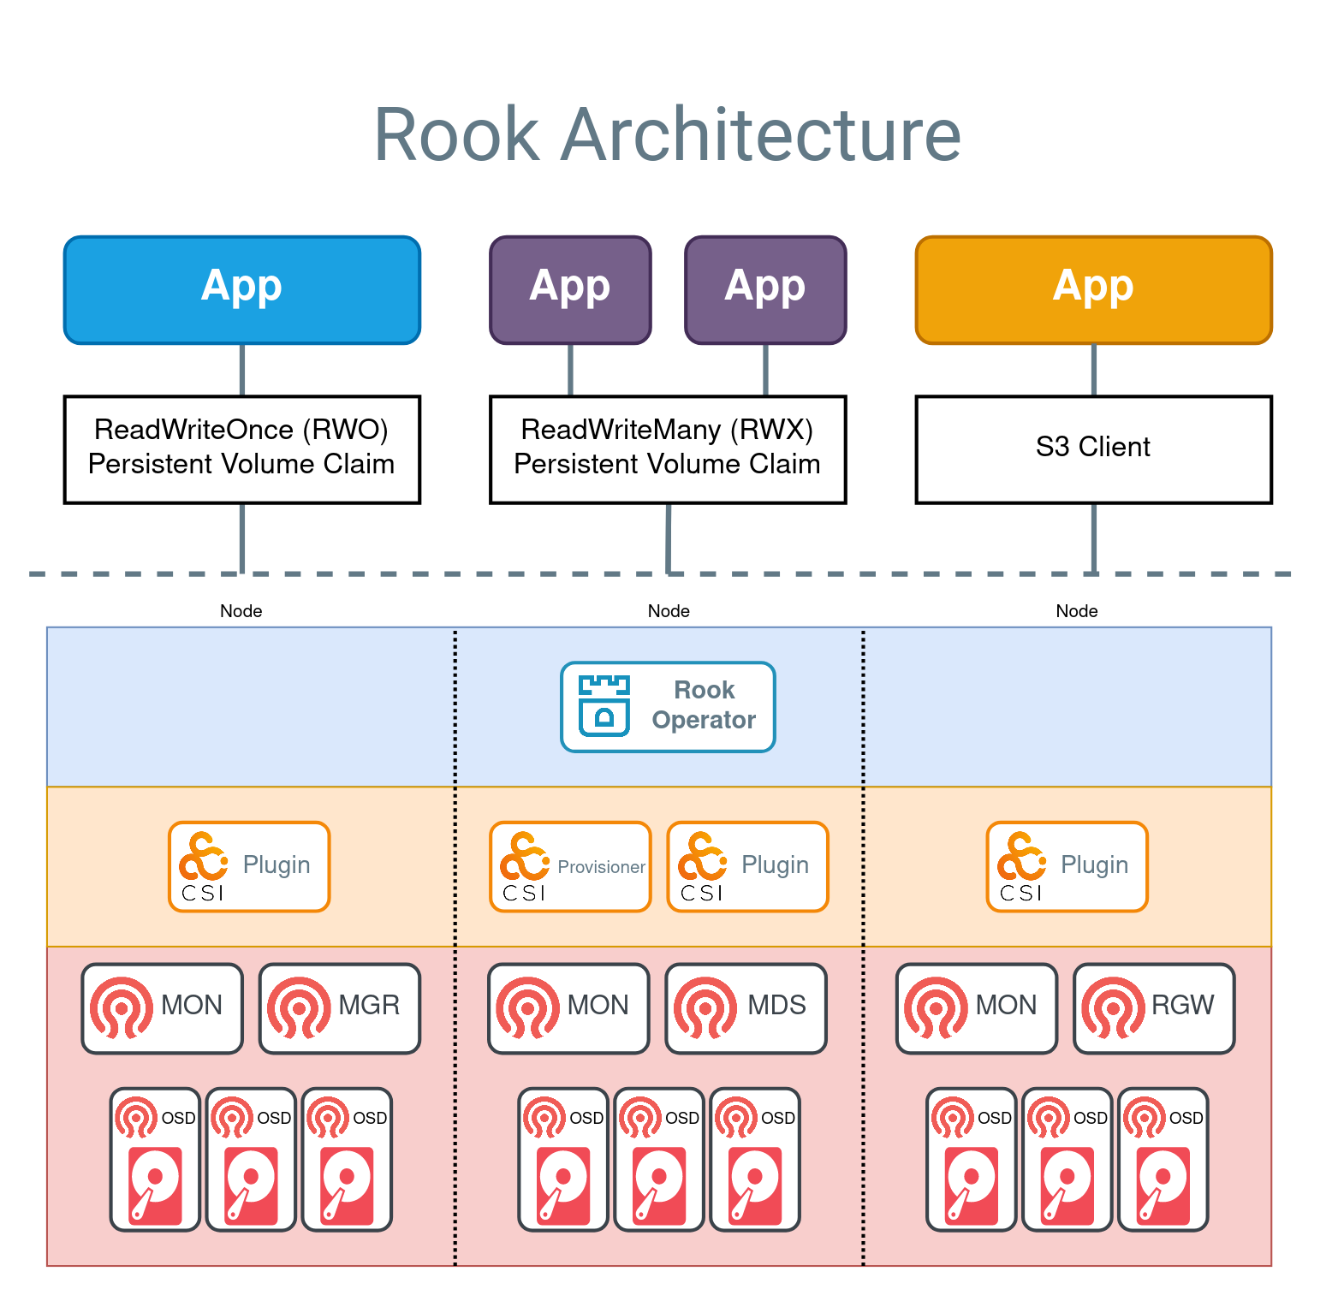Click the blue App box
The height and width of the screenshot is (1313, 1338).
click(x=242, y=290)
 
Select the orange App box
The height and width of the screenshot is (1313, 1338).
click(x=1093, y=290)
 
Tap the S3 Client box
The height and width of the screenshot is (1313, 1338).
click(x=1093, y=449)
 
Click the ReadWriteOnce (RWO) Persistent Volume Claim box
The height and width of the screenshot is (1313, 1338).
click(x=242, y=449)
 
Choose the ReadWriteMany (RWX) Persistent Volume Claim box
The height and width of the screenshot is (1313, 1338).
click(x=668, y=449)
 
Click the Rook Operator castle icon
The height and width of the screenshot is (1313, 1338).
click(x=604, y=706)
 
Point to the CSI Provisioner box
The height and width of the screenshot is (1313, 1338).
click(x=570, y=867)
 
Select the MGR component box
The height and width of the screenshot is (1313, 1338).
click(x=340, y=1008)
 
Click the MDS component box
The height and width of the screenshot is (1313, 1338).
click(x=746, y=1008)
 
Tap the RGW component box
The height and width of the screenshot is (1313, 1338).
click(x=1154, y=1008)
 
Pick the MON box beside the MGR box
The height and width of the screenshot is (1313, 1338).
click(x=163, y=1008)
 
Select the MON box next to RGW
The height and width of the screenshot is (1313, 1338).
click(x=977, y=1008)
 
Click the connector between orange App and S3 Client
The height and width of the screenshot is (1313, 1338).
click(x=1094, y=370)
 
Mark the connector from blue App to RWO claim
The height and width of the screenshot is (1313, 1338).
click(x=242, y=370)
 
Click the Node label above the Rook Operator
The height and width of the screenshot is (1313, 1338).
click(x=669, y=611)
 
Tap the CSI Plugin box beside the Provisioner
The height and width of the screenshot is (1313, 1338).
click(x=747, y=867)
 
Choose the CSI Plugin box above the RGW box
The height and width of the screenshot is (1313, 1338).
click(x=1067, y=867)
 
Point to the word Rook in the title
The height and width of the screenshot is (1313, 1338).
click(x=457, y=135)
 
